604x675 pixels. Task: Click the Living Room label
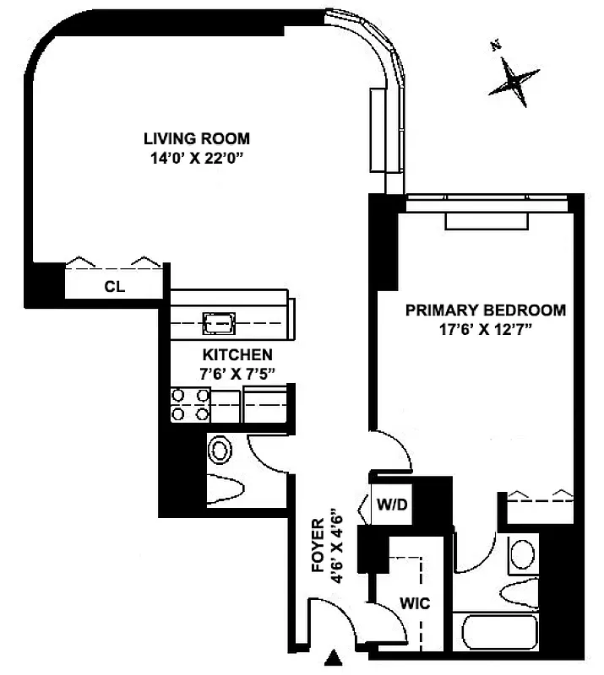click(196, 138)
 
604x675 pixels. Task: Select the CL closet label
click(114, 287)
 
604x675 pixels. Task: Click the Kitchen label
click(237, 354)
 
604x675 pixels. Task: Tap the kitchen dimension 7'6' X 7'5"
click(237, 372)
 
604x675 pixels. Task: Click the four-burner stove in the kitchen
click(190, 404)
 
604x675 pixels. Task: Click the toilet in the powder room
click(226, 487)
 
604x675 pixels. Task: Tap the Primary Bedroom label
click(486, 310)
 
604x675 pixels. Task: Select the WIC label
click(415, 603)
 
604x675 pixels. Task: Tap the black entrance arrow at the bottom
click(335, 656)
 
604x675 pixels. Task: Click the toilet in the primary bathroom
click(517, 588)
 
